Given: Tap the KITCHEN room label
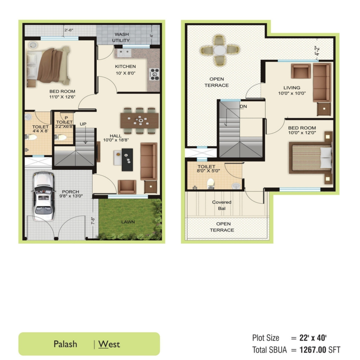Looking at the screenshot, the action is coord(125,66).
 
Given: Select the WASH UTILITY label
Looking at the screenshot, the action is coord(121,37).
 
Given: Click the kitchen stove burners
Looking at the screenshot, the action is coord(154,74).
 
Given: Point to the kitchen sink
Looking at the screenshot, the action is coord(124,53).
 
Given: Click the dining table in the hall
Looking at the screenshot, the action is coord(139,120).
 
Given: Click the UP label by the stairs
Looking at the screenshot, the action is coord(83,124).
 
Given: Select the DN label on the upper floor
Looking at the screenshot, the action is coord(243,106).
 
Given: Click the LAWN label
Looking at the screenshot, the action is coord(128,222).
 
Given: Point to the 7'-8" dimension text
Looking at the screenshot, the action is coord(93,221).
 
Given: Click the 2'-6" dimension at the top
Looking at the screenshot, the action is coord(69,30).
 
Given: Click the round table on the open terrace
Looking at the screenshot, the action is coord(220,50).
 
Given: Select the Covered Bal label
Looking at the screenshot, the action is coord(221,205).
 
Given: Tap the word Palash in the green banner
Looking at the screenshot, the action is coord(65,344).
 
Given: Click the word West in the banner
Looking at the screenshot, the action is coord(109,344).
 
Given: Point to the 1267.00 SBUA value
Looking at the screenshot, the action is coord(313,350).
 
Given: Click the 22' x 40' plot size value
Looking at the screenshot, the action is coord(313,338).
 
